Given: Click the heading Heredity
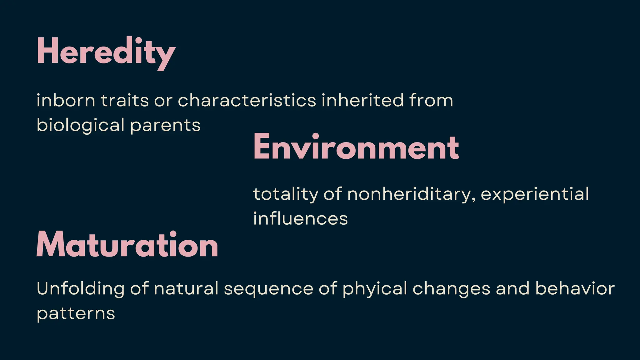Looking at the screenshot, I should pyautogui.click(x=106, y=52).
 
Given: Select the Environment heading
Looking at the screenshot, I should pyautogui.click(x=356, y=147).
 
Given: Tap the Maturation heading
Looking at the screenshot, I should pyautogui.click(x=127, y=245).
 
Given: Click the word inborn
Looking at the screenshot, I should pyautogui.click(x=66, y=101).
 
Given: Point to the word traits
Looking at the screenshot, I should pyautogui.click(x=124, y=101).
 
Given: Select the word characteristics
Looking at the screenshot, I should pyautogui.click(x=247, y=101).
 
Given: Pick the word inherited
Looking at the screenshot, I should pyautogui.click(x=362, y=101).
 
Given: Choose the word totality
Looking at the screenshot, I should pyautogui.click(x=285, y=194).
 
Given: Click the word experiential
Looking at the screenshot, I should pyautogui.click(x=535, y=194).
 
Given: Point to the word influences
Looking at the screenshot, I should pyautogui.click(x=300, y=218).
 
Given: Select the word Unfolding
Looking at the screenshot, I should pyautogui.click(x=81, y=289).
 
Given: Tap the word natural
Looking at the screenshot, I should pyautogui.click(x=186, y=289).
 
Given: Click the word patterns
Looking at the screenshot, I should pyautogui.click(x=76, y=313).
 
